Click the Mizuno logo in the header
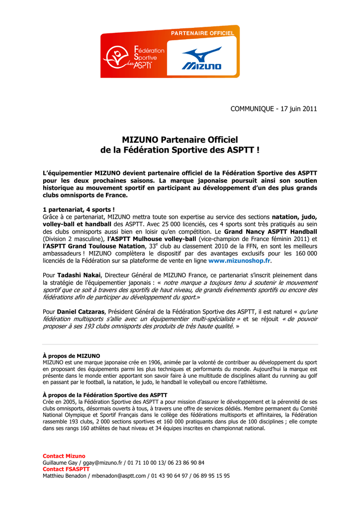[x=201, y=58]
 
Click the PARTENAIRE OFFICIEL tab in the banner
[x=202, y=33]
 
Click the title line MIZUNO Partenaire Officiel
[x=180, y=140]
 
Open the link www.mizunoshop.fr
[x=239, y=260]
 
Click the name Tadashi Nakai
[x=79, y=275]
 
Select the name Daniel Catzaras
[x=81, y=311]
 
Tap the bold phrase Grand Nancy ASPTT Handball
[x=270, y=232]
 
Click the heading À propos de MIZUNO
[x=72, y=356]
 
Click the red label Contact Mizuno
[x=64, y=456]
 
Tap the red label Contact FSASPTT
[x=66, y=469]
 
